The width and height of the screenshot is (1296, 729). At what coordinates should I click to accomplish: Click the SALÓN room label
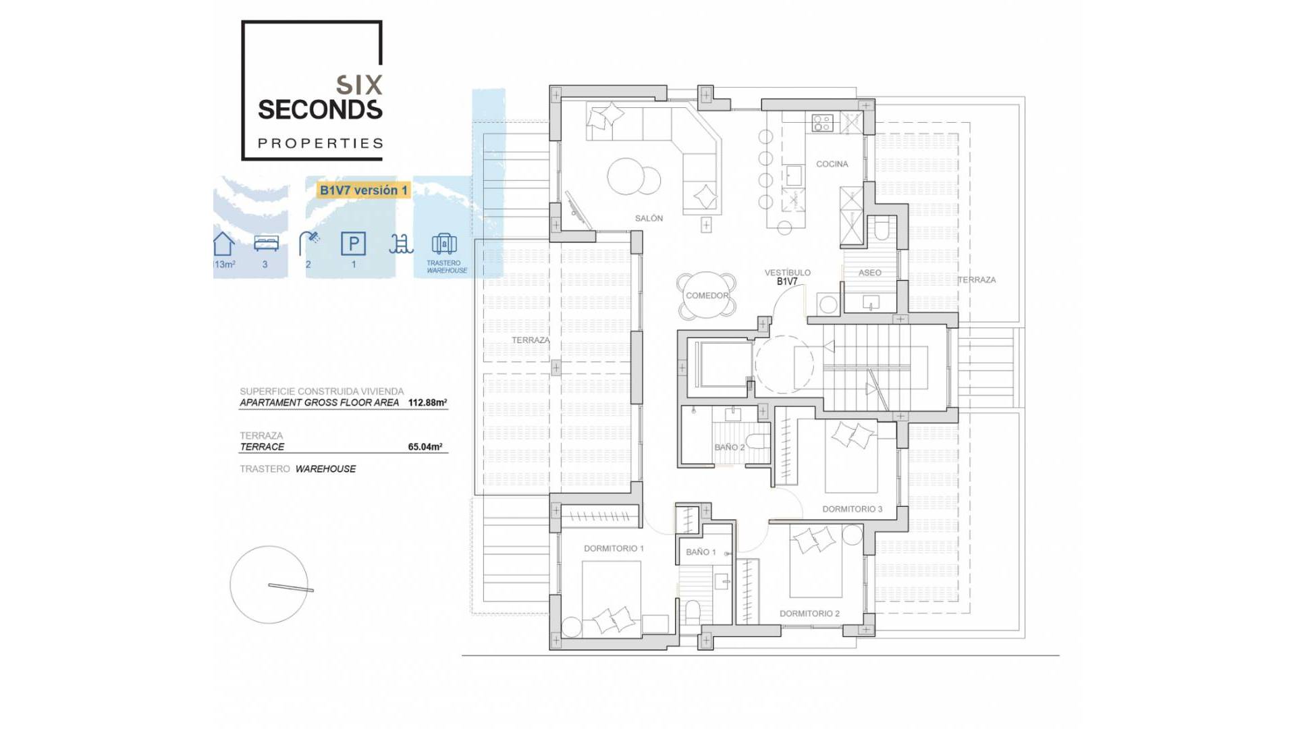click(x=649, y=218)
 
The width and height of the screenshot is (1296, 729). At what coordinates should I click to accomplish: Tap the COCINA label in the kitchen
click(x=832, y=164)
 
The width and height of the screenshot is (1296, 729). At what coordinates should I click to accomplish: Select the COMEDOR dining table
click(x=707, y=296)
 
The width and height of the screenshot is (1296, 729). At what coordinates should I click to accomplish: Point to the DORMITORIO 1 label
click(x=614, y=548)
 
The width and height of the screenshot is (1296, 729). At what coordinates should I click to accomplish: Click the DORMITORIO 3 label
click(x=852, y=509)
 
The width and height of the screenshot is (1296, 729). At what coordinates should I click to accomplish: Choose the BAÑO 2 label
click(x=729, y=447)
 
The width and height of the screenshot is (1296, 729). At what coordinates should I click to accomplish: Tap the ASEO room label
click(x=869, y=273)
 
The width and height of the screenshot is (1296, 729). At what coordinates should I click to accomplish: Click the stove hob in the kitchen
click(x=822, y=123)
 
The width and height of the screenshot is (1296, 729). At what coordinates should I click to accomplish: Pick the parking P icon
click(x=353, y=244)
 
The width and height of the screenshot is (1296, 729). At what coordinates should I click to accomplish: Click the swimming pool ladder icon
click(x=400, y=244)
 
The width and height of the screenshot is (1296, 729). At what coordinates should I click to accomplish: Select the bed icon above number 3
click(x=266, y=243)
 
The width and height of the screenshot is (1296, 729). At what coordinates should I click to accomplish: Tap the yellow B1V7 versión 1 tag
click(x=363, y=190)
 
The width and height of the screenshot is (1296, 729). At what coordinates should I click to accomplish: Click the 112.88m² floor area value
click(x=427, y=402)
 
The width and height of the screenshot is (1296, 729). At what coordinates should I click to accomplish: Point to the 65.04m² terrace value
click(x=425, y=447)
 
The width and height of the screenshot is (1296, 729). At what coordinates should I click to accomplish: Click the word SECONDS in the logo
click(x=320, y=109)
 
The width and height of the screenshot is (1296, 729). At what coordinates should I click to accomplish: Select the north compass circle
click(x=269, y=585)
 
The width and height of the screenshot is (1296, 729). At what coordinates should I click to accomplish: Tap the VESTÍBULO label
click(x=787, y=273)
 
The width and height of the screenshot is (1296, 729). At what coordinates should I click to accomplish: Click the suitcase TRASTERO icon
click(x=444, y=244)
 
